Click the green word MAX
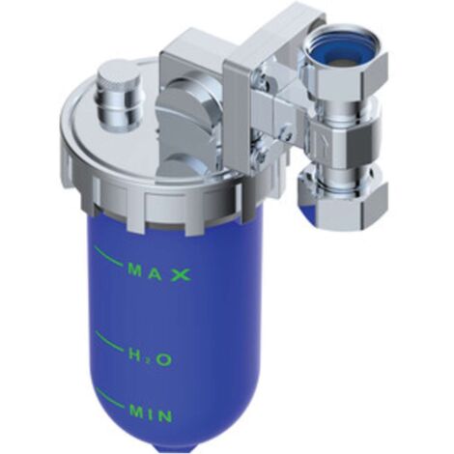tap(159, 273)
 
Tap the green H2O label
tap(151, 357)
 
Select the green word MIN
tap(151, 413)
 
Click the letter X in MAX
tap(181, 275)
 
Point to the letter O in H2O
tap(164, 359)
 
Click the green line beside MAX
tap(108, 256)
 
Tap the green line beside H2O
tap(109, 342)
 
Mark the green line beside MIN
tap(111, 398)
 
